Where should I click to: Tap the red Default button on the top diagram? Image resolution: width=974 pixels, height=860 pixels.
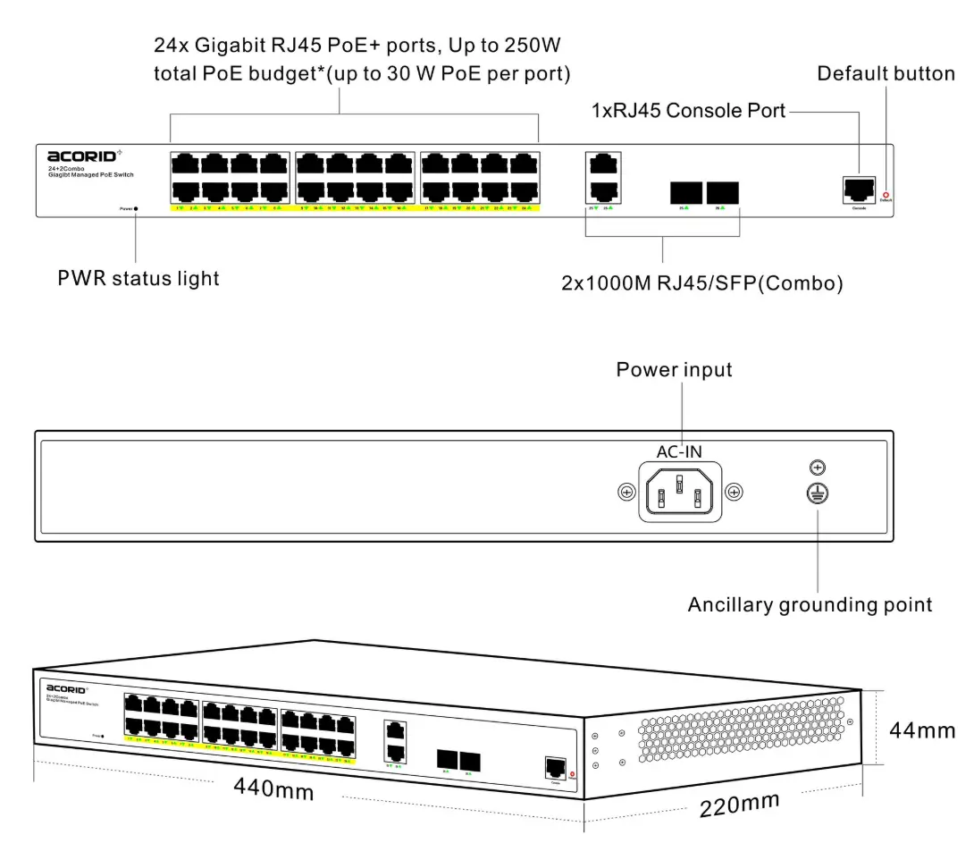[886, 194]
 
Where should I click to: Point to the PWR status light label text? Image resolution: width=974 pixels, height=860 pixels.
[139, 278]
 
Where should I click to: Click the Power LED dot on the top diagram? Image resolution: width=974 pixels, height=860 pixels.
[135, 208]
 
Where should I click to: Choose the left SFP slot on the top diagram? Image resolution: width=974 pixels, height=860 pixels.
[685, 192]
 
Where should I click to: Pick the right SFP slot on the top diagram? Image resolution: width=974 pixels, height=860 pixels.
[722, 192]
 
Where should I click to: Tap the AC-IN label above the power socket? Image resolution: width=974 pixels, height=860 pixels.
[680, 452]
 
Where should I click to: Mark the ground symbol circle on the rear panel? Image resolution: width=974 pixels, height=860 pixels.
[815, 492]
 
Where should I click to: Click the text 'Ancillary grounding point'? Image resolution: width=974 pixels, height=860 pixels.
[810, 605]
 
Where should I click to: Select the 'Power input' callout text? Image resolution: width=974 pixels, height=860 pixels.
[674, 369]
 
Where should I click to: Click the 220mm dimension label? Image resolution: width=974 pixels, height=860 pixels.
[739, 805]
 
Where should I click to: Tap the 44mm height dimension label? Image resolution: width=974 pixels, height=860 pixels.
[922, 729]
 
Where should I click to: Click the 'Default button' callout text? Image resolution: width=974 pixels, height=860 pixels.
[886, 73]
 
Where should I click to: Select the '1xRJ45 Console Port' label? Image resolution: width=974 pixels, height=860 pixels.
[688, 111]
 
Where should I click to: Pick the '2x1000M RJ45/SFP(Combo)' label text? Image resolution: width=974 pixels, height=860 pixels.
[702, 283]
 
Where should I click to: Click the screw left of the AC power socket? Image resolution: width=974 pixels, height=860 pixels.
[626, 492]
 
